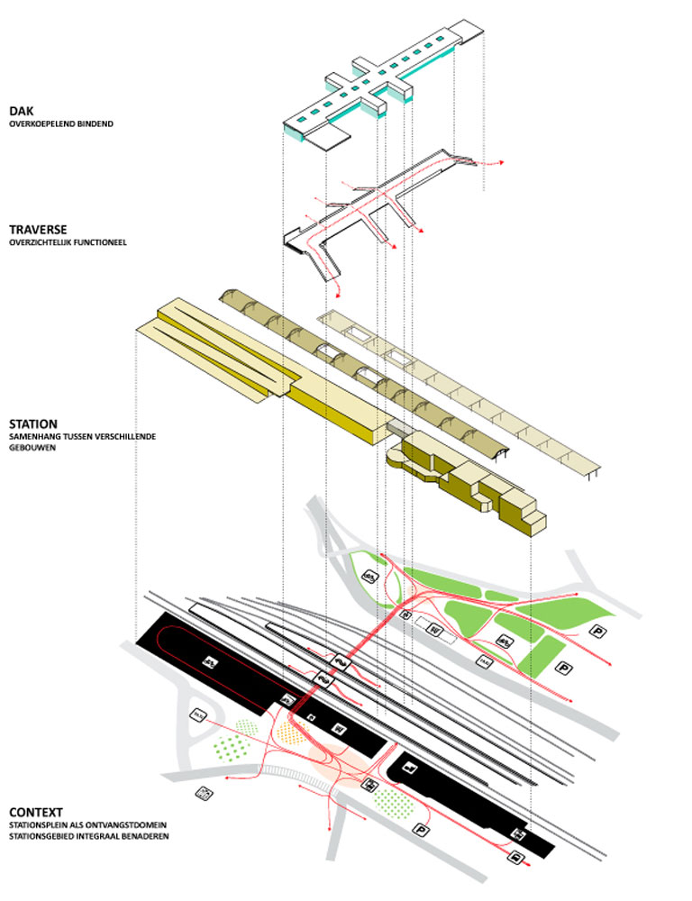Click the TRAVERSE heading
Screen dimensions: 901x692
click(38, 230)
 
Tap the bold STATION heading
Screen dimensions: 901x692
click(33, 423)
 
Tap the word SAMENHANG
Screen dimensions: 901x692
click(37, 436)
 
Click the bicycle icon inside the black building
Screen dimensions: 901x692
click(209, 663)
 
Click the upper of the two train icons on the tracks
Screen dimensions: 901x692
click(341, 659)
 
